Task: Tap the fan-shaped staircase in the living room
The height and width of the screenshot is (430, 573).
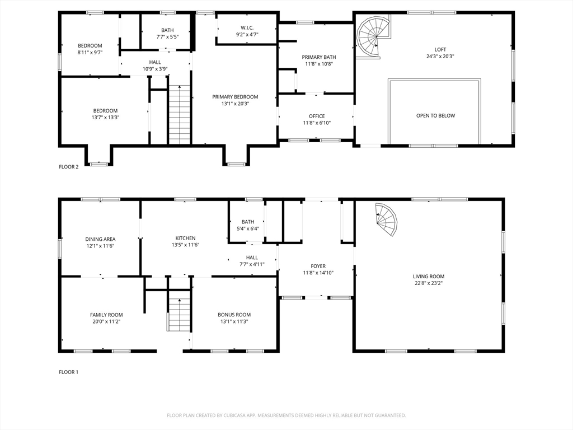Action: tap(387, 219)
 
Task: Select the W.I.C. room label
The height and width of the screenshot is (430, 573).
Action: tap(247, 28)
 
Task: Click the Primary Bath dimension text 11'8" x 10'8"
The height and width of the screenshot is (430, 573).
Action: tap(319, 64)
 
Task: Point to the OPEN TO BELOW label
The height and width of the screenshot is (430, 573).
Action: tap(435, 115)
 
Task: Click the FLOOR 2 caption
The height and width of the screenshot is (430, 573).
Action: tap(69, 167)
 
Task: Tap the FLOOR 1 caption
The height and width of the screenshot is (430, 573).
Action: tap(69, 372)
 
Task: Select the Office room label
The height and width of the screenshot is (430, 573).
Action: tap(317, 116)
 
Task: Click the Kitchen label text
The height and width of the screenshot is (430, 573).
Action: tap(185, 238)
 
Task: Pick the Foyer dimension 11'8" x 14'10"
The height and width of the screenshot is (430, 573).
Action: tap(318, 273)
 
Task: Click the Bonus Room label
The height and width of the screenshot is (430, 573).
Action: tap(234, 315)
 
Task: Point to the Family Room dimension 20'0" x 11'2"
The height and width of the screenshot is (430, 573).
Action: tap(106, 322)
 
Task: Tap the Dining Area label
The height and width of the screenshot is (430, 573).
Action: tap(100, 239)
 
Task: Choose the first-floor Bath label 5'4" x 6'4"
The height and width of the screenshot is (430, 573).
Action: tap(248, 225)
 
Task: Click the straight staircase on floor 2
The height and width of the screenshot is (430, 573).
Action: tap(180, 114)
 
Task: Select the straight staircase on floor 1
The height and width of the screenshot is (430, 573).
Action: tap(179, 314)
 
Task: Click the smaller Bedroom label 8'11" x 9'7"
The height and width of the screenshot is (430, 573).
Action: tap(90, 49)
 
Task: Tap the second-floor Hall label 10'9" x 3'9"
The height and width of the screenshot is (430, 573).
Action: tap(155, 66)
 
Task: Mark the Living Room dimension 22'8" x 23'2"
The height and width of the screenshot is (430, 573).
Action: tap(429, 283)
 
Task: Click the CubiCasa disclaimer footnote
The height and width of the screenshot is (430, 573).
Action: tap(286, 415)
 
